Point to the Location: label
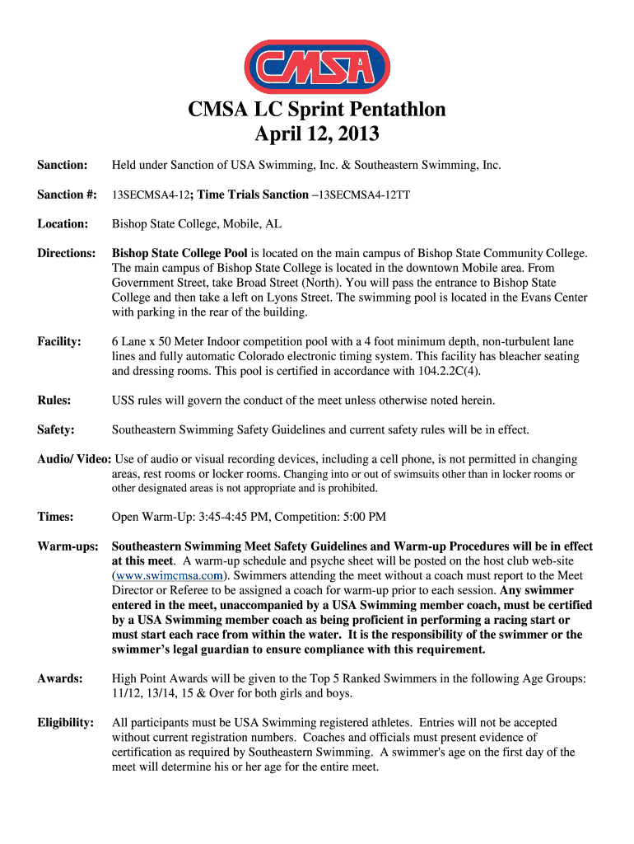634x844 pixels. pos(63,223)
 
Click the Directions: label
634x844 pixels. pos(67,253)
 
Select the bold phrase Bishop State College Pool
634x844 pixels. pos(179,253)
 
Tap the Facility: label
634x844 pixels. pos(59,341)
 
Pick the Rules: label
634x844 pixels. pos(54,401)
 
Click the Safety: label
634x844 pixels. pos(56,429)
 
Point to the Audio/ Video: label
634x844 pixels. pos(74,459)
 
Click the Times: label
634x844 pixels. pos(55,517)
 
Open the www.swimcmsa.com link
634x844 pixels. pos(170,575)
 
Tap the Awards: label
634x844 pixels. pos(60,678)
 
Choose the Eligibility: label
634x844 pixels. pos(65,722)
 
